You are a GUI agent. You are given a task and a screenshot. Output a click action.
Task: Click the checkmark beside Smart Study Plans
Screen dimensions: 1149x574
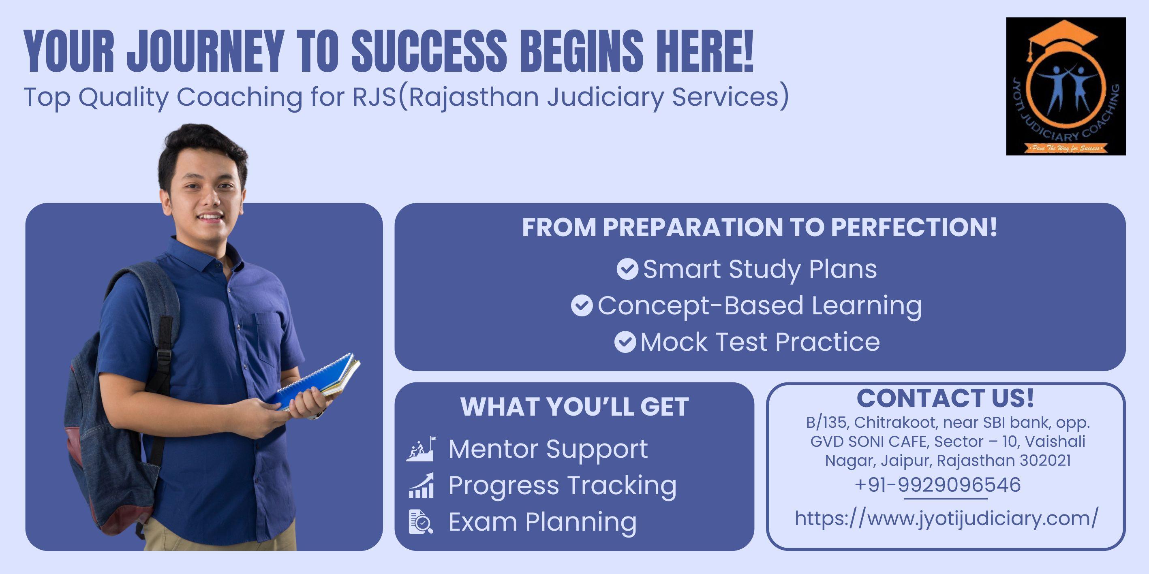(627, 269)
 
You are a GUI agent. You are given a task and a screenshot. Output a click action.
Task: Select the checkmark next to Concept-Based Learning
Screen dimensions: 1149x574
(582, 306)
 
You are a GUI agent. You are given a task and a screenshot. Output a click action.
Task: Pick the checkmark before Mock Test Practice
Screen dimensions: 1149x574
(625, 342)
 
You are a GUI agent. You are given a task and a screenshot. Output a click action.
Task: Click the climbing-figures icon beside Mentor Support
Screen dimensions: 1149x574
(421, 449)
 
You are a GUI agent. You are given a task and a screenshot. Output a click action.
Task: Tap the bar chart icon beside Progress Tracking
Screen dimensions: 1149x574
(421, 485)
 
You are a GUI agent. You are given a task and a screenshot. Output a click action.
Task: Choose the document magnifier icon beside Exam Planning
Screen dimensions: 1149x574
(421, 522)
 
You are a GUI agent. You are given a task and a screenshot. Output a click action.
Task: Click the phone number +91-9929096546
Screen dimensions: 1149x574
(937, 485)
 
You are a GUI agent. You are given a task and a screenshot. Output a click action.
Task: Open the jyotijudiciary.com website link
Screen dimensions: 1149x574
(946, 518)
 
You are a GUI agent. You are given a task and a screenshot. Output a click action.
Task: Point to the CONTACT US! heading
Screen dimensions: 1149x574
(945, 398)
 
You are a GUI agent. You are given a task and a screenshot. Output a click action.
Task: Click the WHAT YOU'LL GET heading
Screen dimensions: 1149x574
(575, 406)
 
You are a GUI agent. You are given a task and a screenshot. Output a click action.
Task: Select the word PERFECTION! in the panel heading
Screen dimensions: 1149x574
(914, 227)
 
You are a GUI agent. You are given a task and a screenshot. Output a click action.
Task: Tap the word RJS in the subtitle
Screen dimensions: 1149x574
(374, 97)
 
